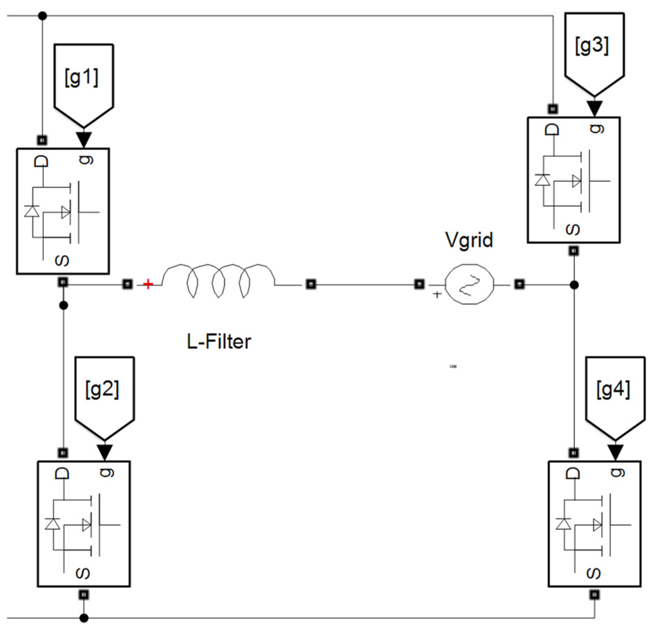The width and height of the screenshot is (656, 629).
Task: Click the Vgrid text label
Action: (469, 240)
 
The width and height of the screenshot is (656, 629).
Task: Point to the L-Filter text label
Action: (219, 342)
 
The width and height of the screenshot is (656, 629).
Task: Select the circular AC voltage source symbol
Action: (469, 284)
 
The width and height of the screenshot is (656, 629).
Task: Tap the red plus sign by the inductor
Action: (148, 284)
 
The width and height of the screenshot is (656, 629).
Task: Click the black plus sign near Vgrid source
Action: (437, 294)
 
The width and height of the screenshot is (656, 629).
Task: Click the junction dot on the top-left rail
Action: (42, 16)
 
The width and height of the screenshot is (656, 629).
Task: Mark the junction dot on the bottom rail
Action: (84, 618)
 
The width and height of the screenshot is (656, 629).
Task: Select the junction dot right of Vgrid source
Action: (574, 285)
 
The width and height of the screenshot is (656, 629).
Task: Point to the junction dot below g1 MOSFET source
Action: (63, 306)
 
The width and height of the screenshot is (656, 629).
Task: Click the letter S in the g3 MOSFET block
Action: (573, 230)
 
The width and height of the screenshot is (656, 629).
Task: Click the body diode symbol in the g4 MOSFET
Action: (563, 524)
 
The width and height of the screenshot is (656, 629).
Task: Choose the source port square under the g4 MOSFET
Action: (594, 594)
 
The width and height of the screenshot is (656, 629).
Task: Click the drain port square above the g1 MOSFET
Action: (42, 140)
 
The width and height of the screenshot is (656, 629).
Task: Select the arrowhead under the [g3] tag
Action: (594, 108)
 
